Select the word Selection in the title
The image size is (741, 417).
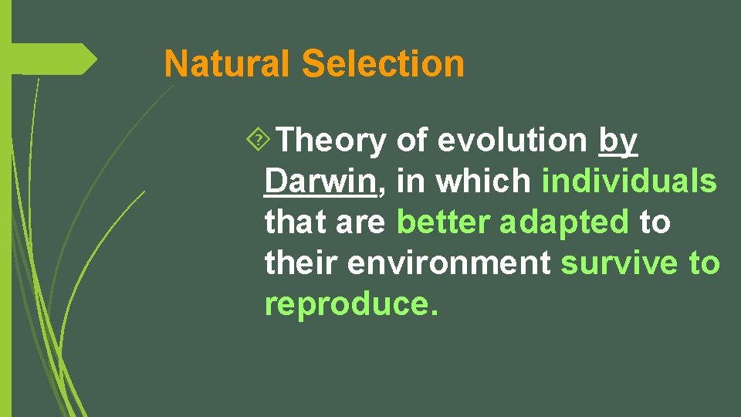[x=383, y=64]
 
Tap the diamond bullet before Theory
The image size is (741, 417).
[x=262, y=141]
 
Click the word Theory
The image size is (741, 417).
[x=331, y=141]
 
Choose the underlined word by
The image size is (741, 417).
[x=617, y=141]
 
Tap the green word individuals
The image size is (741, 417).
[x=629, y=181]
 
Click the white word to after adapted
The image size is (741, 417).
[x=655, y=222]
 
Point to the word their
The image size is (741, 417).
[x=302, y=263]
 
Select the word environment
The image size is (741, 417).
[x=449, y=263]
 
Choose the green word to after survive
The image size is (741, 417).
[x=704, y=263]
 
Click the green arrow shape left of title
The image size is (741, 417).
[x=54, y=59]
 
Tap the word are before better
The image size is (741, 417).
[x=361, y=222]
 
